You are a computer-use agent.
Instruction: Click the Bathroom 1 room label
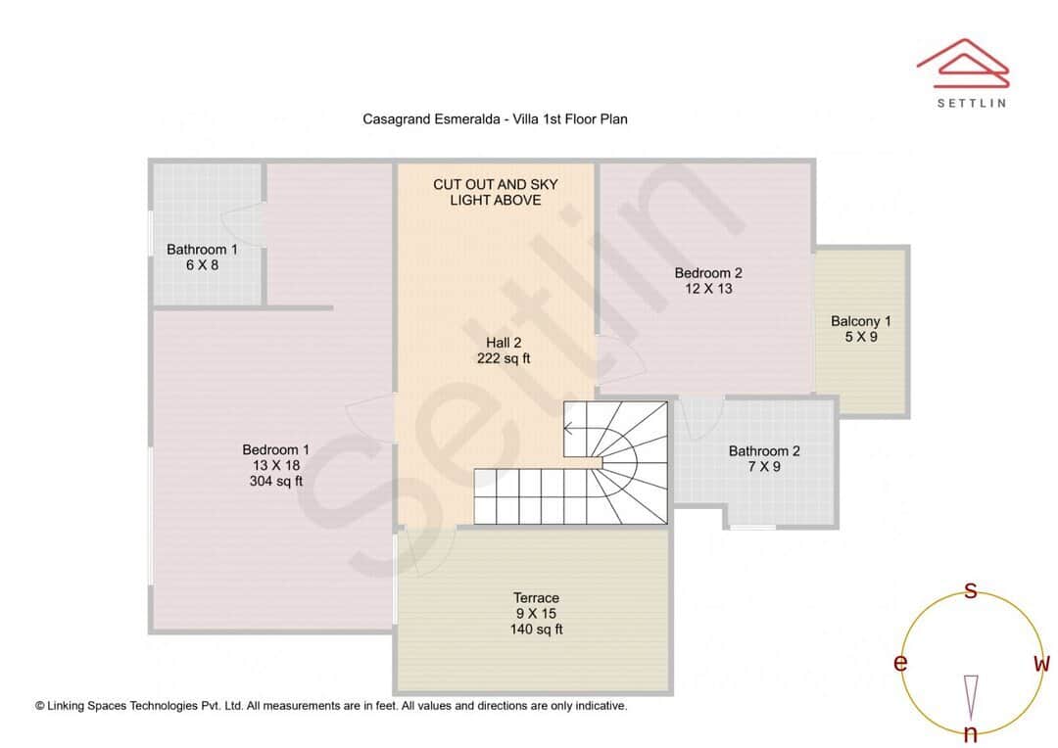[x=202, y=250]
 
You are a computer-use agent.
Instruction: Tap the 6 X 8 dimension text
[x=202, y=265]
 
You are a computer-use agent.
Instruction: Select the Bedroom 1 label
[x=276, y=449]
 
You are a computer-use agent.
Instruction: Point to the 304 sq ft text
[x=276, y=481]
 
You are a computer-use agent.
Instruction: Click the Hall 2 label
[x=504, y=342]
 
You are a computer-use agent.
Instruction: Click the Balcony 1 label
[x=860, y=321]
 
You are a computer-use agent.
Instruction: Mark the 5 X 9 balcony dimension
[x=860, y=337]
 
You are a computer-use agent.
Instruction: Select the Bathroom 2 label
[x=764, y=451]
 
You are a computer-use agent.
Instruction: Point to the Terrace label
[x=536, y=597]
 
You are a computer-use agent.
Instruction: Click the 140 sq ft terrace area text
[x=536, y=630]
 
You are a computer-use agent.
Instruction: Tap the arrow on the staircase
[x=569, y=427]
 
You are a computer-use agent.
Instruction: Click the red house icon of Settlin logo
[x=963, y=60]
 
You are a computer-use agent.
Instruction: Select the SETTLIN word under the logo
[x=971, y=102]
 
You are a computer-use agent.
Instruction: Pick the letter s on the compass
[x=971, y=590]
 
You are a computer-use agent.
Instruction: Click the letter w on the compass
[x=1041, y=663]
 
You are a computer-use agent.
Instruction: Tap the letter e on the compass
[x=899, y=663]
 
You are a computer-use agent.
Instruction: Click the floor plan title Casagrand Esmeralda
[x=495, y=118]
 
